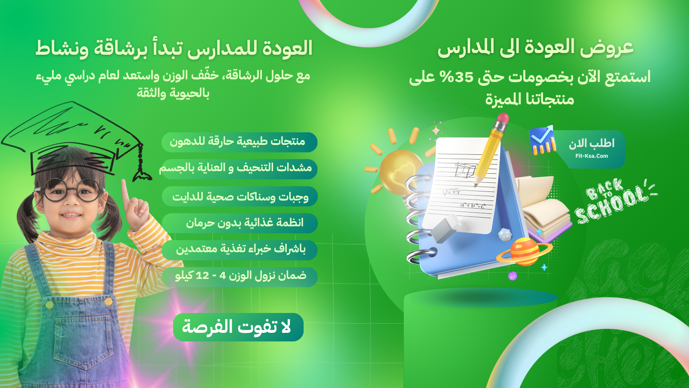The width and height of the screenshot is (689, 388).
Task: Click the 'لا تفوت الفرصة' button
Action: pos(239,327)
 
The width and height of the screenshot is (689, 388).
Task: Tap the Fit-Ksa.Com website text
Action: pos(592,156)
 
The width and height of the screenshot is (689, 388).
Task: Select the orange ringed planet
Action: pos(525,252)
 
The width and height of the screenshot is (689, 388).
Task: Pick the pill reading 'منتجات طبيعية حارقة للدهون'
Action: pos(239,142)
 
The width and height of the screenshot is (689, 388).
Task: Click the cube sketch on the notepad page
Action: pos(465,170)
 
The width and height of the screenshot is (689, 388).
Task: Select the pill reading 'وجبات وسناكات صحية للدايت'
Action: pos(239,197)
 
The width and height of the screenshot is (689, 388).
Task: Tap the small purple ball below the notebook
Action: pos(512,275)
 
